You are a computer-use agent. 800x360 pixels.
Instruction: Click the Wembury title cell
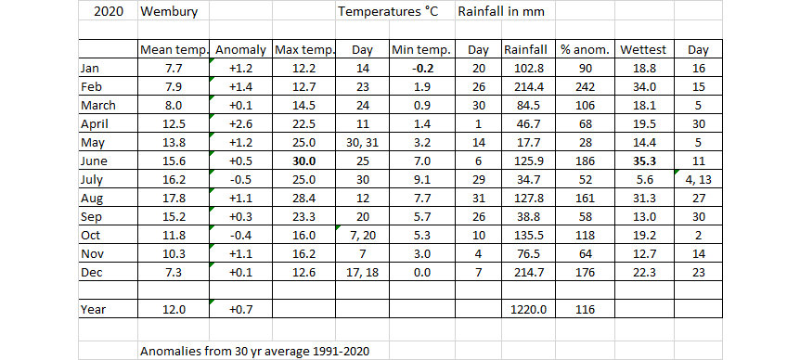tap(165, 12)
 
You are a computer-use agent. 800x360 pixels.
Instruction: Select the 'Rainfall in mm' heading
tap(502, 12)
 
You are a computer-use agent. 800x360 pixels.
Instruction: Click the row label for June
tap(96, 161)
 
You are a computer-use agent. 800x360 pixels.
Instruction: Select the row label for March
tap(99, 106)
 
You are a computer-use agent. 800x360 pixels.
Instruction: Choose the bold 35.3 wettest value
tap(646, 161)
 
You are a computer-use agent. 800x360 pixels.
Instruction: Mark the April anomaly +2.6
tap(239, 124)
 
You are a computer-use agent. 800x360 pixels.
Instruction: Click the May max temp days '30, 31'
tap(362, 143)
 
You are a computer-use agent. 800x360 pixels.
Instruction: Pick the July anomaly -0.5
tap(239, 180)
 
